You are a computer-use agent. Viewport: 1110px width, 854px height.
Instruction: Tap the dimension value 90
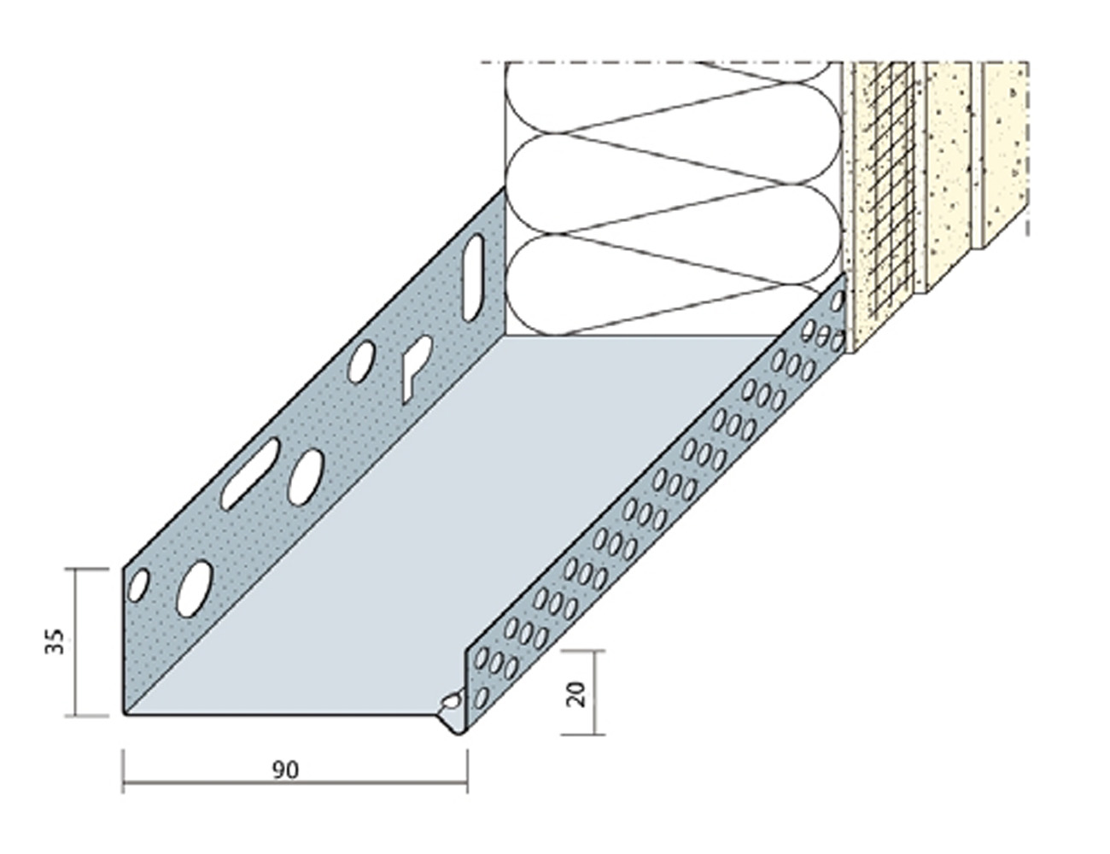point(285,769)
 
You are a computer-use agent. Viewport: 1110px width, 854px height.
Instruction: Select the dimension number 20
point(575,693)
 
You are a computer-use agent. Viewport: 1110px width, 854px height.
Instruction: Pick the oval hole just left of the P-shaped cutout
point(361,362)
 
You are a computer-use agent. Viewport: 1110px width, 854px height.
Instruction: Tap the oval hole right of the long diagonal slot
point(306,477)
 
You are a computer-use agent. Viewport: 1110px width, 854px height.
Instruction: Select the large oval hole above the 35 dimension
point(194,588)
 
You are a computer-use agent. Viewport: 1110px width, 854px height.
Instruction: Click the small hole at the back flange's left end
point(138,585)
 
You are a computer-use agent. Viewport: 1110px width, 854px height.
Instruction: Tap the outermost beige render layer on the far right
point(1004,153)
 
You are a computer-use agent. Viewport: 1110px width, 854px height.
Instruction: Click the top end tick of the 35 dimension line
point(87,569)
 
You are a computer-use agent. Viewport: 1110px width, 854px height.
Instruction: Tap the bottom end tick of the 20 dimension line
point(583,734)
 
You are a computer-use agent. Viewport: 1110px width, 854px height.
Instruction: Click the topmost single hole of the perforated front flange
point(838,301)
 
